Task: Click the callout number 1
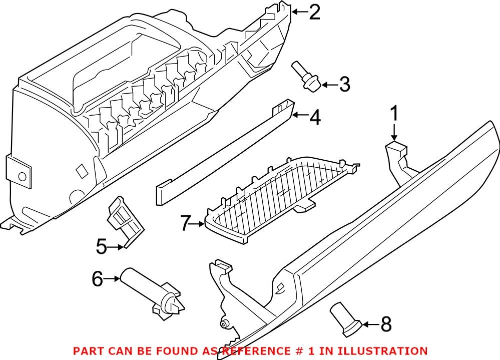(x=394, y=114)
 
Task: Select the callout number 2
(x=314, y=12)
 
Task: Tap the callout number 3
(x=344, y=85)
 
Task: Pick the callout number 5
(x=101, y=246)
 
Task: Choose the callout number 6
(x=97, y=278)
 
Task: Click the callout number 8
(x=385, y=324)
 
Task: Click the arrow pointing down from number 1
(x=394, y=132)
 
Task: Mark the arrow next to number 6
(x=113, y=278)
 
